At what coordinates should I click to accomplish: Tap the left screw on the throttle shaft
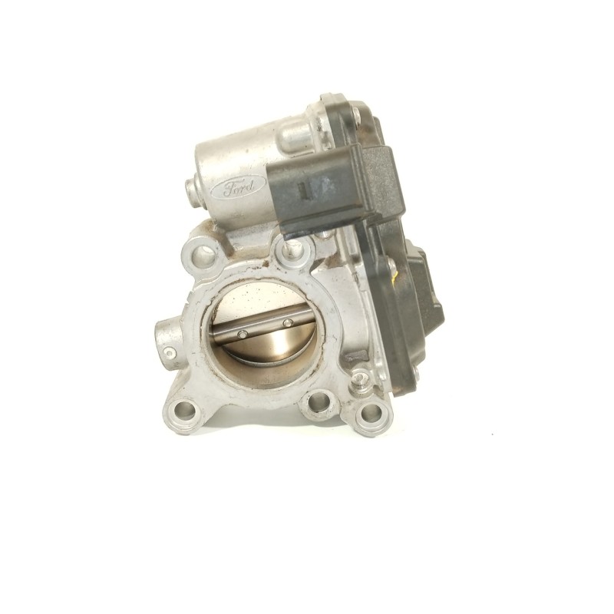click(243, 334)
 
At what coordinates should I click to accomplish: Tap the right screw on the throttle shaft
click(288, 322)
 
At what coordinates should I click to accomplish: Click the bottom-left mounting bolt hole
click(183, 411)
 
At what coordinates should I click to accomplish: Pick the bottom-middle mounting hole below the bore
click(318, 402)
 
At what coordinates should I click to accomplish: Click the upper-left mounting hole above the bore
click(202, 254)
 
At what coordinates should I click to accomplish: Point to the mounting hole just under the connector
click(294, 249)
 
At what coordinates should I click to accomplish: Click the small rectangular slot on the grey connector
click(302, 190)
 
